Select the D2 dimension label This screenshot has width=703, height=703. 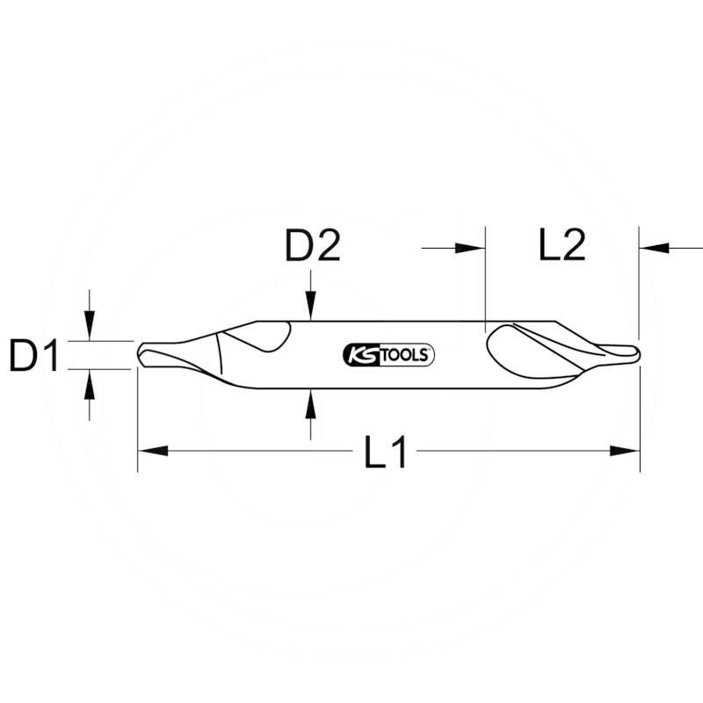point(312,247)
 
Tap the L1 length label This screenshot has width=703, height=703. point(386,453)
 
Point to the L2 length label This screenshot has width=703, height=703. point(562,247)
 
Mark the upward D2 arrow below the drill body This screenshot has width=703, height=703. point(309,404)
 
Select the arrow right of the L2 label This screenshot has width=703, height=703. point(655,249)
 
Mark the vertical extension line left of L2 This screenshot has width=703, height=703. point(485,281)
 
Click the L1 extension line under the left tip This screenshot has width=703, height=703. point(138,422)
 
